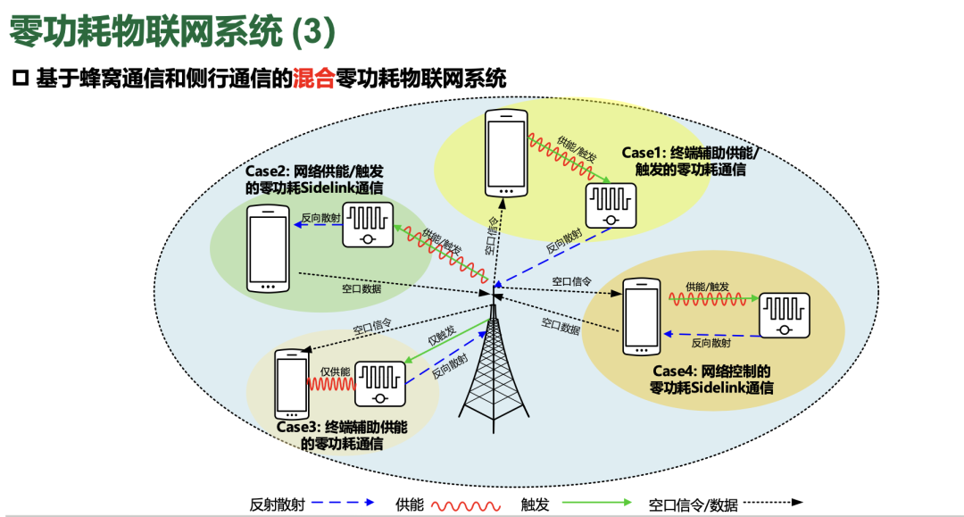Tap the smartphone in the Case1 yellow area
click(x=506, y=153)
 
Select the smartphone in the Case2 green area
click(x=270, y=249)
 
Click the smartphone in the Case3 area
click(x=291, y=383)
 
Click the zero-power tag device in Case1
click(x=610, y=205)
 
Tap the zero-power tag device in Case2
click(x=367, y=224)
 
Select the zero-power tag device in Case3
click(x=379, y=384)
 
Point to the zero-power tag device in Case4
click(x=784, y=315)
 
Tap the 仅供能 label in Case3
click(x=335, y=371)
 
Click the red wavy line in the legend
click(x=464, y=504)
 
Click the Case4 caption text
click(x=711, y=379)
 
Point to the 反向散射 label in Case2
click(x=320, y=217)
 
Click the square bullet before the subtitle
click(x=21, y=79)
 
